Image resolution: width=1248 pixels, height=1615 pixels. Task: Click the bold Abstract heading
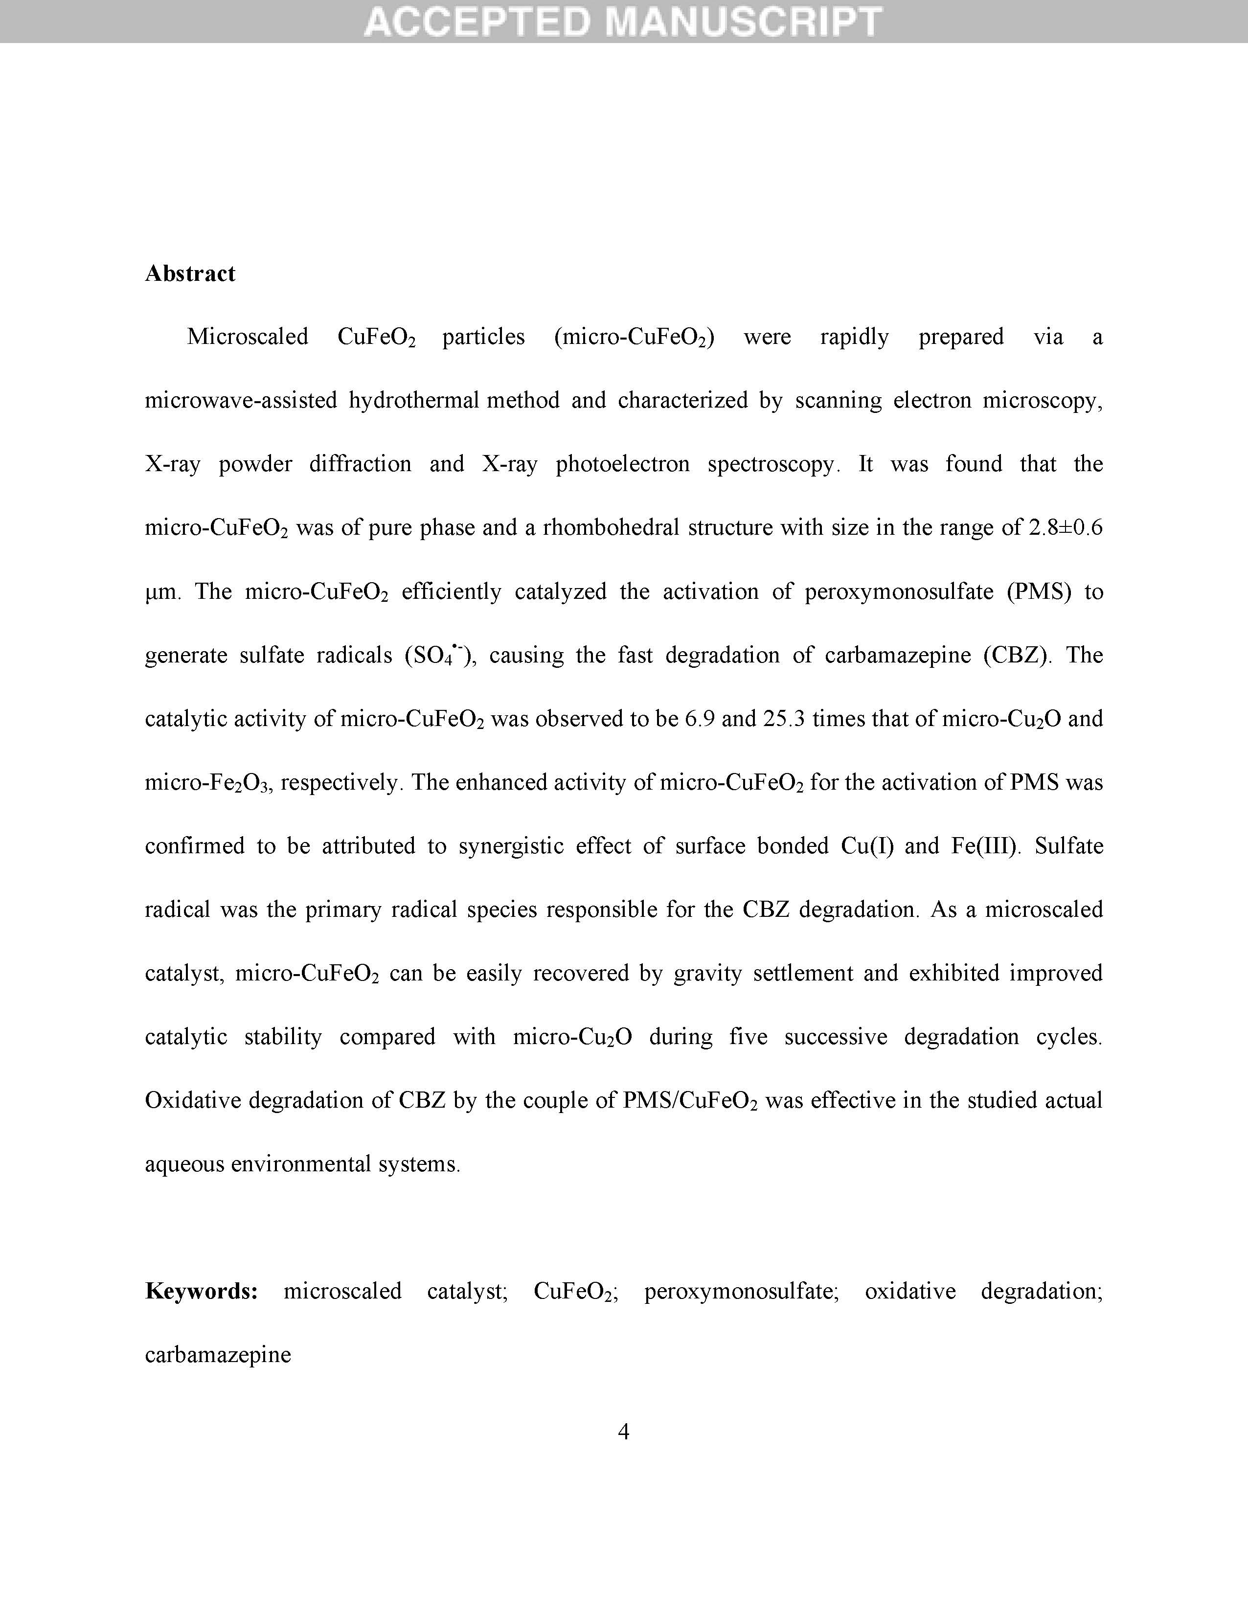point(190,273)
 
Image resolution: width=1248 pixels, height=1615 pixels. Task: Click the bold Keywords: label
point(201,1291)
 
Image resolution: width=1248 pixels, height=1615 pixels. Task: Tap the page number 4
point(623,1433)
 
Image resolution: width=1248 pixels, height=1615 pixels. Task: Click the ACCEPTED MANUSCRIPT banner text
point(623,21)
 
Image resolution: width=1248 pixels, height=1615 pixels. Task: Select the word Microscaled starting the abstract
point(248,337)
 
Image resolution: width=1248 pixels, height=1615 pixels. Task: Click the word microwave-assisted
point(241,401)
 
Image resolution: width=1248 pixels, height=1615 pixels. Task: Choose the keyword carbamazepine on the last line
point(218,1355)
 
